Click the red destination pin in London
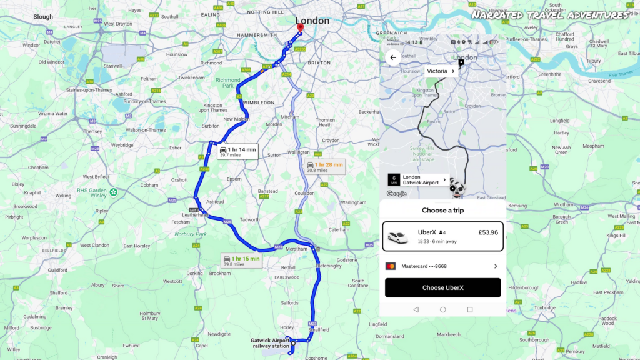pos(300,27)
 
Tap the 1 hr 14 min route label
pos(237,151)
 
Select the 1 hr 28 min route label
pos(324,167)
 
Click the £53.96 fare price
pos(487,232)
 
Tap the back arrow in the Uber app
pos(393,57)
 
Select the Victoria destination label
pos(440,71)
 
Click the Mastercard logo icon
pos(391,266)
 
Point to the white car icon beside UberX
pos(397,237)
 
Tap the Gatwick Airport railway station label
pos(270,343)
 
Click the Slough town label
pos(43,17)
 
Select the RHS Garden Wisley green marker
pos(113,192)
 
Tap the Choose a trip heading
pos(442,211)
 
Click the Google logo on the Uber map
pos(396,194)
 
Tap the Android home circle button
pos(442,309)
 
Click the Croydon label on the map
pos(331,140)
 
